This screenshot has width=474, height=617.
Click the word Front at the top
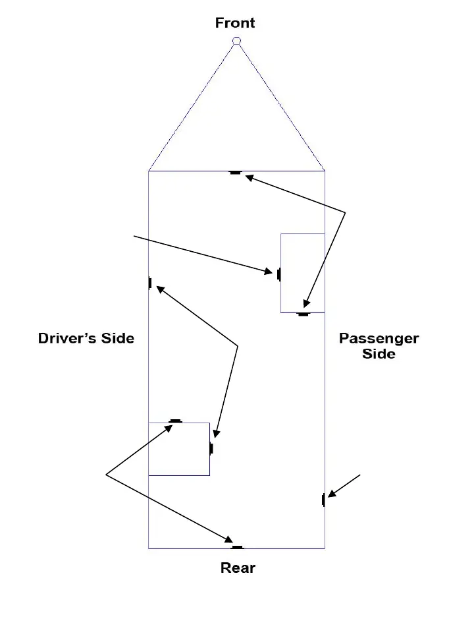pos(235,23)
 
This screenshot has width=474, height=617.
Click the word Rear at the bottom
pos(238,568)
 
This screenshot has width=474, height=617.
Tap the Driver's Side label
pos(86,338)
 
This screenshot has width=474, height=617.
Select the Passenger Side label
pos(379,346)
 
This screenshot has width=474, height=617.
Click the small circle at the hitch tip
pos(236,42)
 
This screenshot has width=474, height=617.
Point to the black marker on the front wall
pos(236,173)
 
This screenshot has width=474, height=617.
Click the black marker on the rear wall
pos(237,547)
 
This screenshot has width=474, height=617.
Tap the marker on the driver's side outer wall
pos(150,283)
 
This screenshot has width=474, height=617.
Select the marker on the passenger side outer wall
pos(323,500)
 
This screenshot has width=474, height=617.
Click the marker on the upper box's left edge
pos(279,274)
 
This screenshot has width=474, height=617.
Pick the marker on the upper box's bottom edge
pos(303,314)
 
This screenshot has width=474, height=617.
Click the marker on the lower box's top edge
pos(175,421)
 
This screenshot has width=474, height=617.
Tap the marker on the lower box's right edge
pos(211,449)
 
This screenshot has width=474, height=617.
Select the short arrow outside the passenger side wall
pos(344,485)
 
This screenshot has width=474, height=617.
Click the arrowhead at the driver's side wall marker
pos(159,288)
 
